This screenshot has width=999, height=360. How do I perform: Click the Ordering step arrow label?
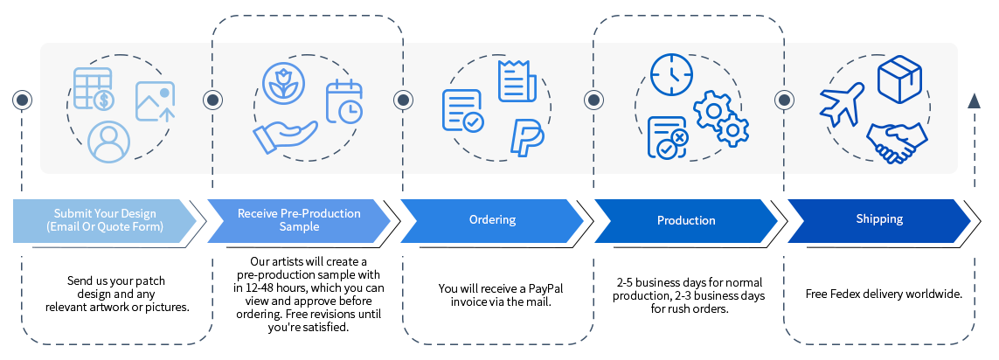(x=492, y=220)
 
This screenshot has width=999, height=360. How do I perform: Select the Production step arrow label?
(x=686, y=221)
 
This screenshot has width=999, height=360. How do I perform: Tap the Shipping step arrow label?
(x=879, y=219)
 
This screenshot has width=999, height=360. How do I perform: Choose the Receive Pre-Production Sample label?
(x=299, y=220)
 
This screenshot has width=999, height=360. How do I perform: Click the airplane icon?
(x=841, y=104)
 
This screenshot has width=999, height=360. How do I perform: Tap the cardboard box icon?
(x=899, y=80)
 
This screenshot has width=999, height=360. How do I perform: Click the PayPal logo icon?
(x=527, y=138)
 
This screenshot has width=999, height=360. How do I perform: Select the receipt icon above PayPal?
(x=517, y=80)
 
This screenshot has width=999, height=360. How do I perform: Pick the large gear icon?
(x=713, y=111)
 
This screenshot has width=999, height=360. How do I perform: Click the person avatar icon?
(x=109, y=142)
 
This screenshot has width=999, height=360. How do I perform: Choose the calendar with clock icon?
(x=343, y=100)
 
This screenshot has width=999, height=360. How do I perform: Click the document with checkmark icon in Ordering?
(x=462, y=111)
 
